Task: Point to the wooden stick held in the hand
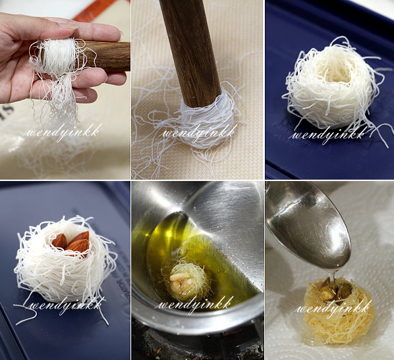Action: tap(105, 57)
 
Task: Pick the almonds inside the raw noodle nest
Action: tap(71, 242)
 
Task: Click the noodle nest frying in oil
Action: tap(186, 278)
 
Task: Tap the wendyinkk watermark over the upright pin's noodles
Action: tap(198, 132)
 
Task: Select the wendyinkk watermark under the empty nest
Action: tap(328, 135)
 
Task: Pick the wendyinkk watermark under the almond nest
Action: tap(66, 305)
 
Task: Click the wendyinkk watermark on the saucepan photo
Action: tap(194, 304)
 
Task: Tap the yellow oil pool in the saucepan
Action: tap(161, 241)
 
